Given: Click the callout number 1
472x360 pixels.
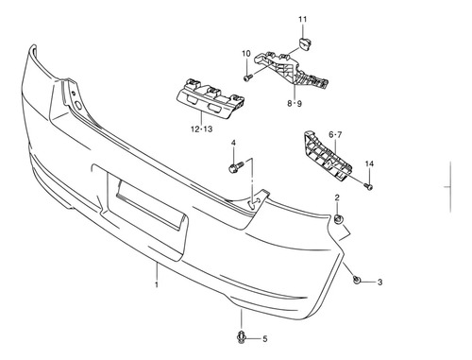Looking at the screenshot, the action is pos(157,285).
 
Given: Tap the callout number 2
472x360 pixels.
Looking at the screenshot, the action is pos(337,197).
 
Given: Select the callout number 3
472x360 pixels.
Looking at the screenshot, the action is pos(379,282).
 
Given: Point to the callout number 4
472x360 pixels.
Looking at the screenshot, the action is pos(233,143).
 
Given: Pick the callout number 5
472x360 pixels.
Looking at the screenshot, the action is pos(265,339).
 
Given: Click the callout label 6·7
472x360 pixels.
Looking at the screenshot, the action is pos(335,135).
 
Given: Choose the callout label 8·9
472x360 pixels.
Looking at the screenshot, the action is pos(295,103).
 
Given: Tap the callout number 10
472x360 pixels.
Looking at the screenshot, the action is pos(246,54).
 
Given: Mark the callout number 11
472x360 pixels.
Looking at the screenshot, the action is pos(302,19).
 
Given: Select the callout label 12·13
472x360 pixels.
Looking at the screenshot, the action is pos(202,129).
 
